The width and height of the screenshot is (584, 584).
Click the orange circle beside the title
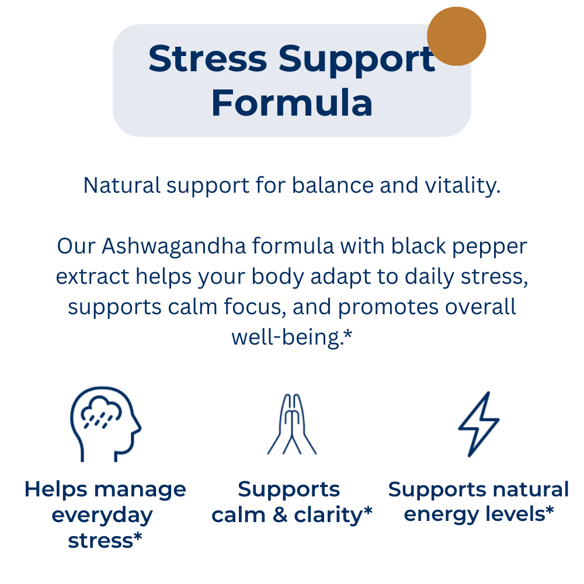[x=456, y=36]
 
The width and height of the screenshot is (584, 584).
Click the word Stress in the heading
[x=208, y=58]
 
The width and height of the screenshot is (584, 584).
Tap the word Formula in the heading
[x=292, y=103]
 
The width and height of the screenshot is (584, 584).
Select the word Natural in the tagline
[x=122, y=185]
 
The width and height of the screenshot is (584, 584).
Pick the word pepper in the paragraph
[x=489, y=247]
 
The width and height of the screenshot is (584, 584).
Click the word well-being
[x=286, y=338]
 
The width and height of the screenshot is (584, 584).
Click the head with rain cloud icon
[x=105, y=424]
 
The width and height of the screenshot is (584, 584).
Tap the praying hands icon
[x=292, y=424]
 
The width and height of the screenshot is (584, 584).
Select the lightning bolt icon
[x=479, y=424]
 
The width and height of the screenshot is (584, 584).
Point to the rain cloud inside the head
[x=101, y=413]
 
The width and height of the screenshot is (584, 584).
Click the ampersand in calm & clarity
[x=280, y=515]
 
